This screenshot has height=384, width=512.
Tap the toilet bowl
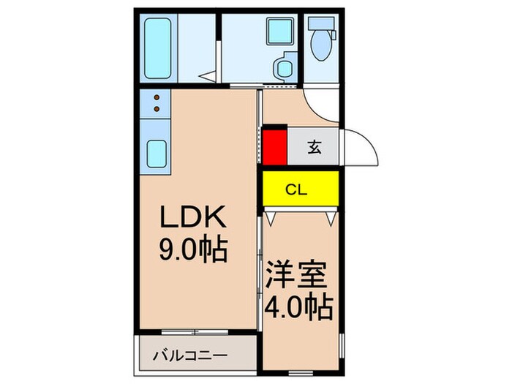pos(322,45)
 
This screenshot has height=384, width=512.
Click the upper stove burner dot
pos(157,97)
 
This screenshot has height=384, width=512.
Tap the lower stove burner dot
pos(157,110)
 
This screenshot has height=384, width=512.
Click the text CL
pos(296,191)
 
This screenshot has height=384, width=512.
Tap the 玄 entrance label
pos(313,147)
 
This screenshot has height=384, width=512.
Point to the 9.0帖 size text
pos(193,251)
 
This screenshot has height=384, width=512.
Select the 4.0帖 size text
pos(301,306)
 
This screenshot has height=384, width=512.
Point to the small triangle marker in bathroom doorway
pos(209,75)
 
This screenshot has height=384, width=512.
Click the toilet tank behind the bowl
pos(321,22)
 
